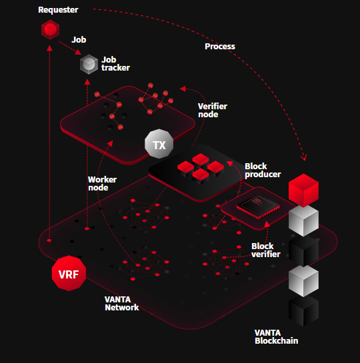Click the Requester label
tap(58, 10)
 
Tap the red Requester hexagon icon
tap(50, 30)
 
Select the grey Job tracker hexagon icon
tap(89, 64)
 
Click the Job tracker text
tap(115, 64)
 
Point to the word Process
tap(220, 47)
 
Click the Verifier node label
tap(213, 110)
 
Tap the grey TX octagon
tap(159, 144)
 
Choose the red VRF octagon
tap(69, 273)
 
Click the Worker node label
tap(102, 183)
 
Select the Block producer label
tap(263, 170)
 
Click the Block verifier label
tap(266, 250)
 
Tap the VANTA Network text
tap(121, 304)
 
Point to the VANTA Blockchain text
tap(276, 337)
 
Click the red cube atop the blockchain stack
tap(303, 190)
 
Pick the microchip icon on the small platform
tap(258, 206)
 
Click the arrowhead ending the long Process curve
tap(304, 158)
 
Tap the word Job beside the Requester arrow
tap(79, 40)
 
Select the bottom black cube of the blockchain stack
tap(303, 310)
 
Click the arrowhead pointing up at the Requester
tap(49, 48)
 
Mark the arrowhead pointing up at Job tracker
tap(87, 82)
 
